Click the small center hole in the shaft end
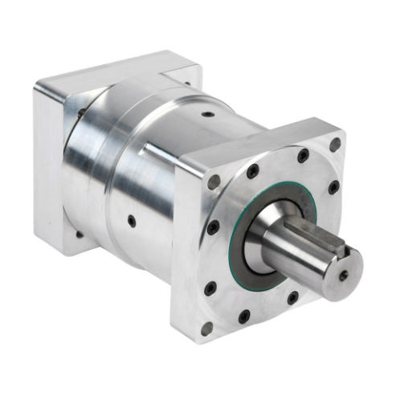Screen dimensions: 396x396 [344, 275]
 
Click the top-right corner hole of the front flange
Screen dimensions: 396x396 [335, 145]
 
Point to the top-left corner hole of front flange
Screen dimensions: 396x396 [214, 182]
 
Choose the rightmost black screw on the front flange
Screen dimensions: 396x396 [333, 187]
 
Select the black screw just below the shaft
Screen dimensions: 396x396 [293, 297]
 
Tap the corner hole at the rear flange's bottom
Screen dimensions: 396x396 [79, 234]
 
